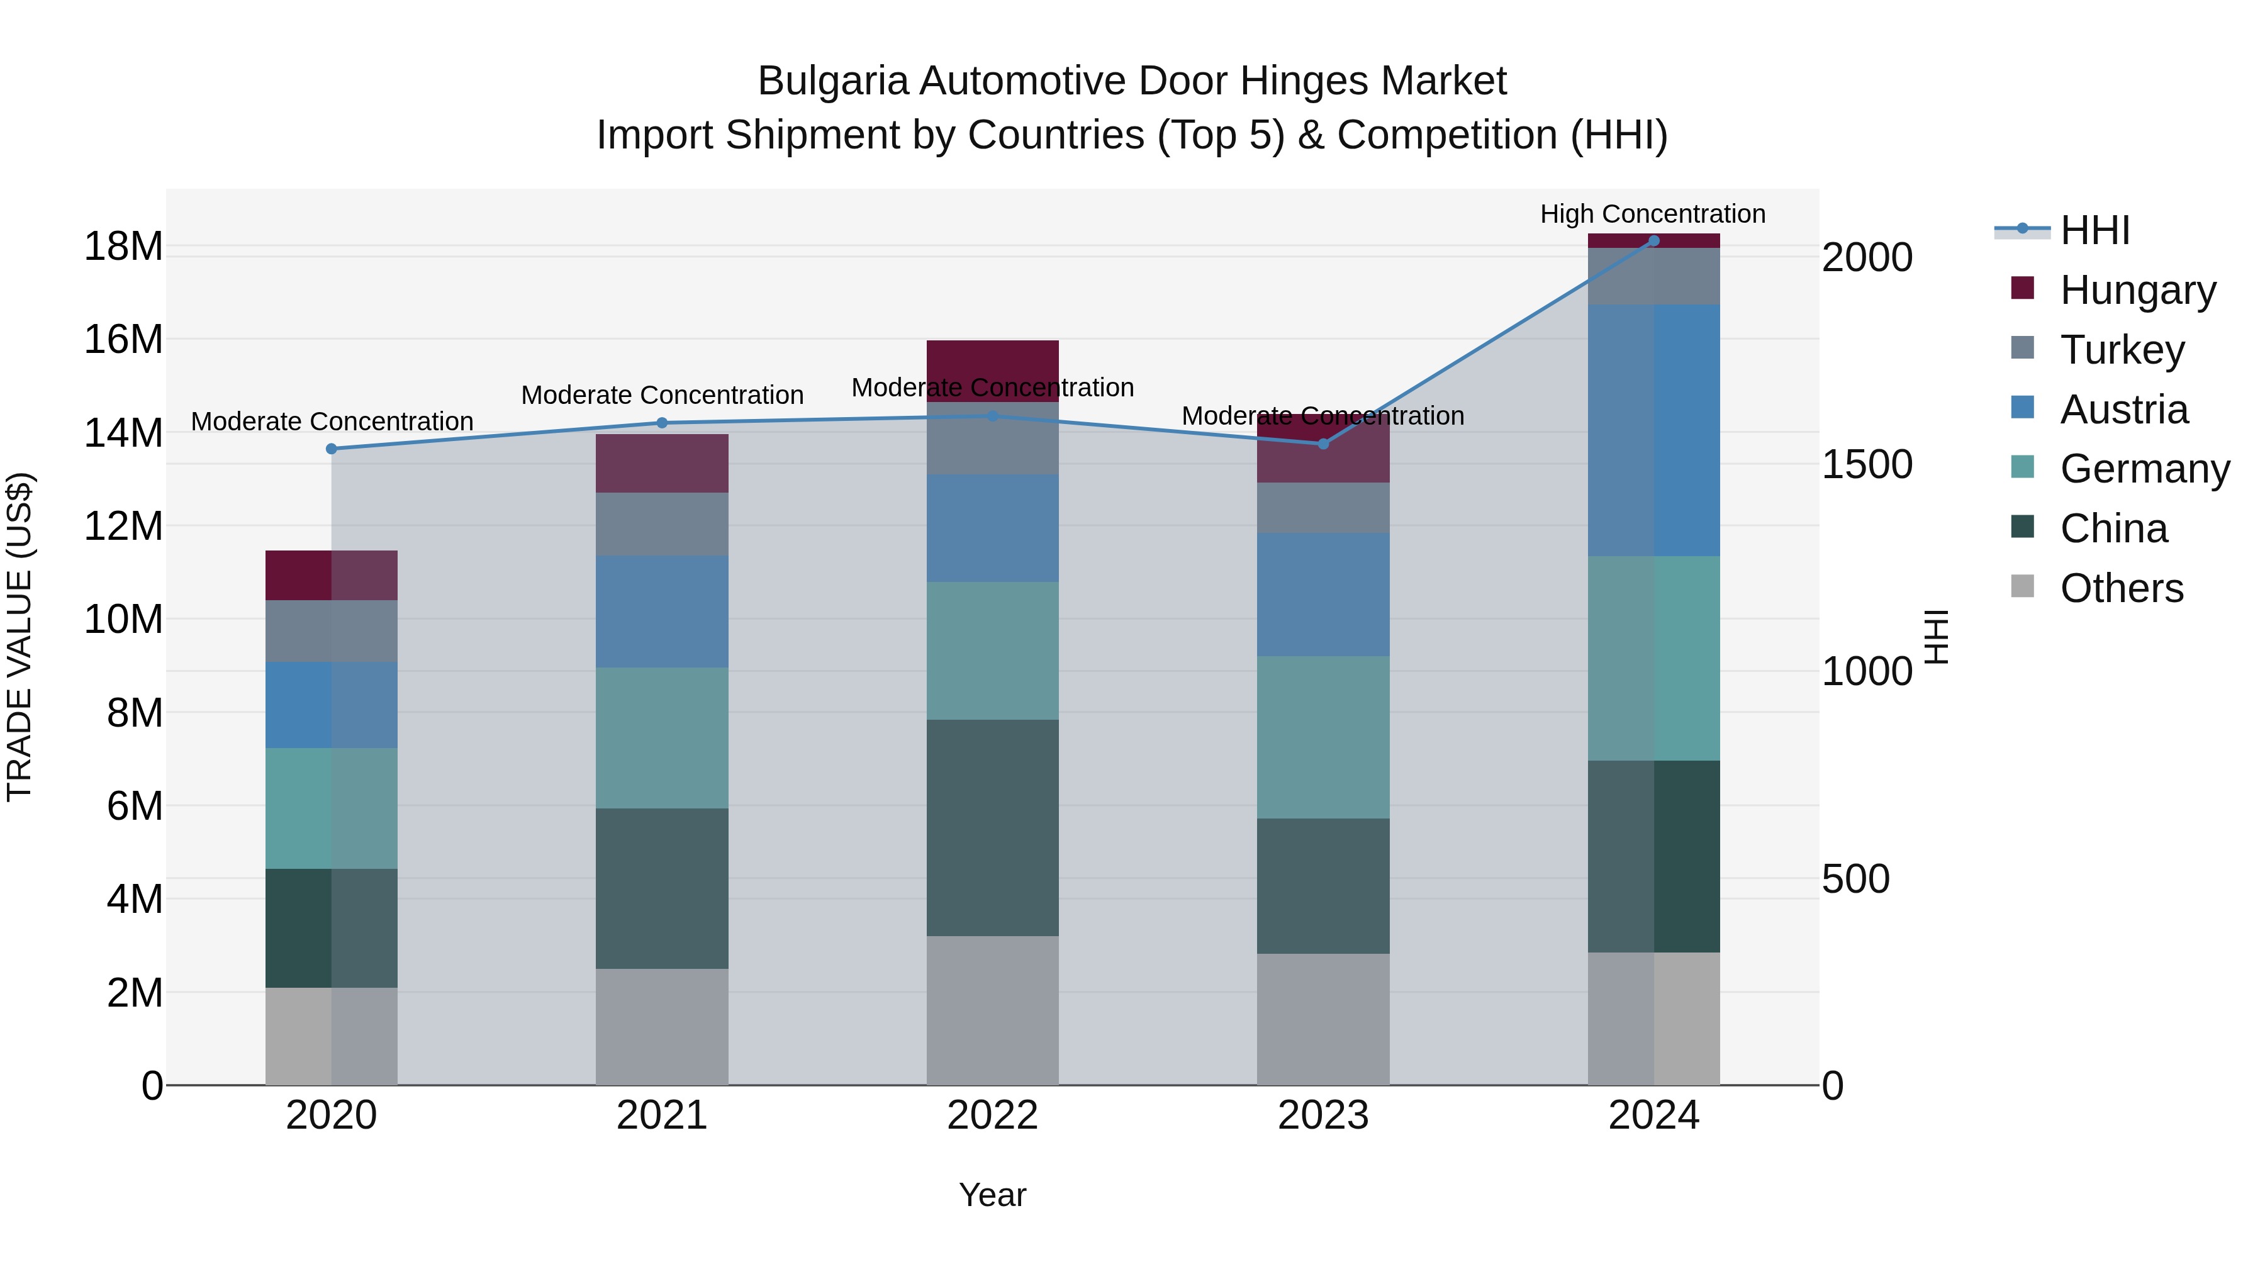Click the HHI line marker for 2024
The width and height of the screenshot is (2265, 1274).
pyautogui.click(x=1653, y=241)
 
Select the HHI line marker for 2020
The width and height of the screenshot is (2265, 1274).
pyautogui.click(x=332, y=449)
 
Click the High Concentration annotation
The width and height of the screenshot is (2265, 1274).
pyautogui.click(x=1652, y=214)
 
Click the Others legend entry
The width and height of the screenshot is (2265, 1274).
pyautogui.click(x=2121, y=588)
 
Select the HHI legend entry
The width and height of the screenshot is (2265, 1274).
pyautogui.click(x=2094, y=230)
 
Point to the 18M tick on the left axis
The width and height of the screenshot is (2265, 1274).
pyautogui.click(x=123, y=246)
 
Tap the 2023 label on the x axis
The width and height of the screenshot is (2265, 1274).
pyautogui.click(x=1323, y=1115)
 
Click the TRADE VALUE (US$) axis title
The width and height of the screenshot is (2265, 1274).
pyautogui.click(x=20, y=637)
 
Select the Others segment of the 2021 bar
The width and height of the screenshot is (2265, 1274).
pyautogui.click(x=661, y=1026)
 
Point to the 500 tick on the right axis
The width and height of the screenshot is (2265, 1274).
pyautogui.click(x=1855, y=878)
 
